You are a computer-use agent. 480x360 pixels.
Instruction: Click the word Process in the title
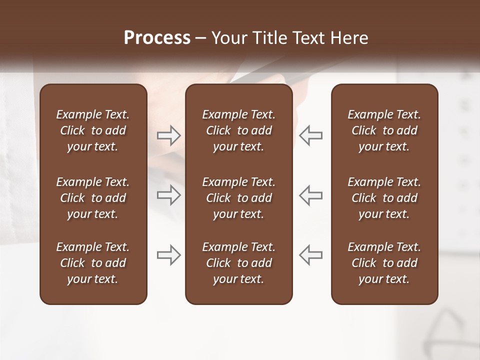[157, 38]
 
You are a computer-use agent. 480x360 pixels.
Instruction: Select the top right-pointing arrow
[169, 135]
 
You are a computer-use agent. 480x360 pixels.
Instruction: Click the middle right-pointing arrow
[169, 195]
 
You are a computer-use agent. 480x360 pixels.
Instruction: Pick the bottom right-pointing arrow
[169, 254]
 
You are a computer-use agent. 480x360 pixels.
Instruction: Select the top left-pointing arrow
[310, 135]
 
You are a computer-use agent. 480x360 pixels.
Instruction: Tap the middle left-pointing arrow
[310, 195]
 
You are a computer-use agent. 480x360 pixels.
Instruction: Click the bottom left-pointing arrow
[310, 254]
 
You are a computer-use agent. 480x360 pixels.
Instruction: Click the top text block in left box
[93, 130]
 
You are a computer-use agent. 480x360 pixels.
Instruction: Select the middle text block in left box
[93, 198]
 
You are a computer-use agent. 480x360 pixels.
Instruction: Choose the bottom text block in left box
[93, 263]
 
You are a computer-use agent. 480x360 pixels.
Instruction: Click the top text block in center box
[238, 130]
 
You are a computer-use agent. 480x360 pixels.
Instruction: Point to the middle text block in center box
[238, 198]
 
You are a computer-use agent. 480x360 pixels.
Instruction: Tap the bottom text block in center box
[238, 263]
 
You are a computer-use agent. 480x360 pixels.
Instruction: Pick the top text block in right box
[384, 130]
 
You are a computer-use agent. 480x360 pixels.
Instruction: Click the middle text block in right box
[384, 198]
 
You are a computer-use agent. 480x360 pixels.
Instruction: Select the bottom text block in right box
[384, 263]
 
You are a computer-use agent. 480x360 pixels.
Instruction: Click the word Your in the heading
[229, 38]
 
